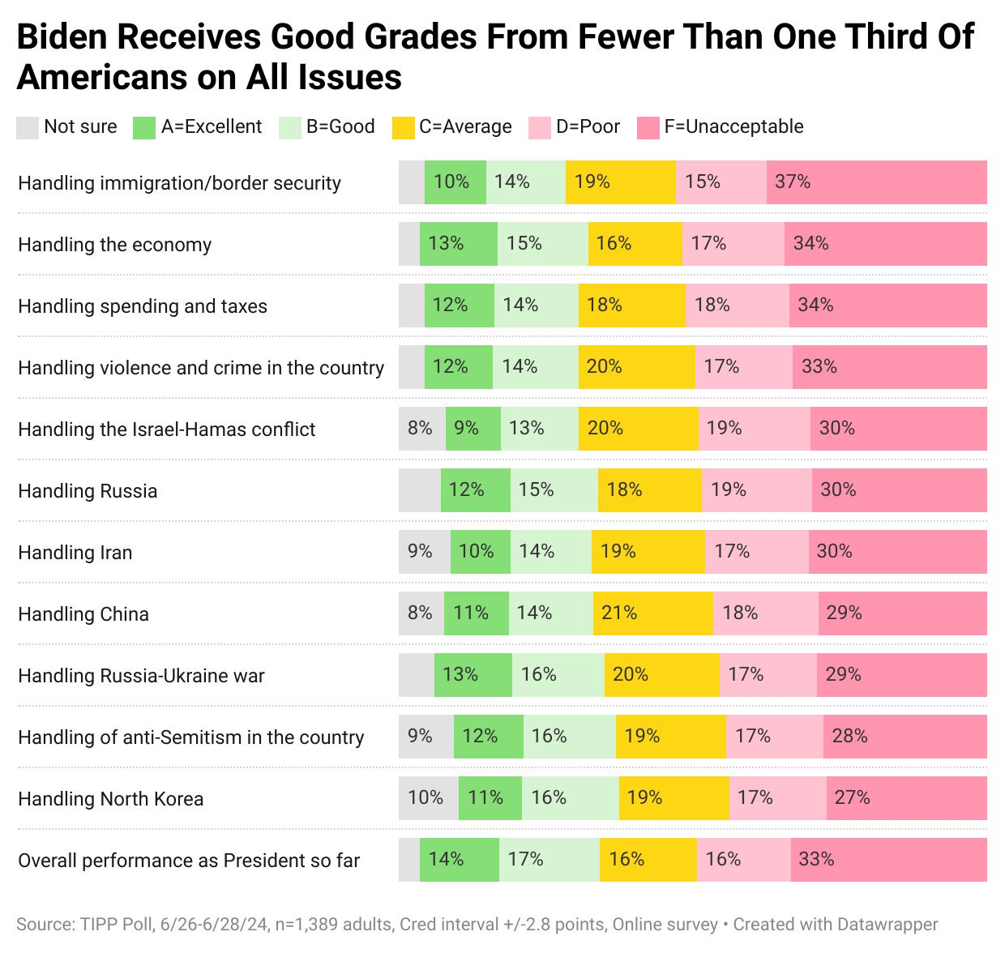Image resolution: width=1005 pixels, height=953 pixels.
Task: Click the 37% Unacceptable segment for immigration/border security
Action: pyautogui.click(x=876, y=182)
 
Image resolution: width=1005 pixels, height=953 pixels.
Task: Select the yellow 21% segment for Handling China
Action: pyautogui.click(x=652, y=613)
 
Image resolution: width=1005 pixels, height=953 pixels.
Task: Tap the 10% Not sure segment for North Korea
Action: pyautogui.click(x=428, y=798)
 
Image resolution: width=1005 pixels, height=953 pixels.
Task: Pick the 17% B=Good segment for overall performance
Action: pyautogui.click(x=549, y=860)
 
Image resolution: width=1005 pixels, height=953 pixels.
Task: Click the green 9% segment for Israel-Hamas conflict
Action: pyautogui.click(x=473, y=429)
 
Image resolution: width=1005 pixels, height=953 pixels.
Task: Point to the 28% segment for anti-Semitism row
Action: pyautogui.click(x=904, y=737)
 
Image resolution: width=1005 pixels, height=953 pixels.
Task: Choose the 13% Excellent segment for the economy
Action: pyautogui.click(x=458, y=244)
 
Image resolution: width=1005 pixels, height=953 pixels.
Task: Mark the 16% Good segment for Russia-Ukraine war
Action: pyautogui.click(x=558, y=675)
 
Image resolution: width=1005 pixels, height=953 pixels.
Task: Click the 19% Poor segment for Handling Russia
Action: pyautogui.click(x=756, y=490)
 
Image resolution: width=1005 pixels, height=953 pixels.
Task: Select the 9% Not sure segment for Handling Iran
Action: pyautogui.click(x=424, y=552)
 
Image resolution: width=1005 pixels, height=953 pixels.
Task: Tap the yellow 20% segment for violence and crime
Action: pyautogui.click(x=636, y=367)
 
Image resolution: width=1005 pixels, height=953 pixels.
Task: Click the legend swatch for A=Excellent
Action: pyautogui.click(x=144, y=128)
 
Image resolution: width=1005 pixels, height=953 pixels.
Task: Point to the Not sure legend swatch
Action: pyautogui.click(x=28, y=128)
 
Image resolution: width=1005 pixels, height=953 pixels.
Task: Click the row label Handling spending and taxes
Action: pyautogui.click(x=143, y=306)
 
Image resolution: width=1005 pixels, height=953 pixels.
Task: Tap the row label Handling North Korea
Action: pyautogui.click(x=111, y=799)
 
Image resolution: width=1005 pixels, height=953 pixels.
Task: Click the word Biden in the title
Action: pyautogui.click(x=65, y=37)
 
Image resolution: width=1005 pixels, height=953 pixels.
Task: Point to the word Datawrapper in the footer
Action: pyautogui.click(x=887, y=925)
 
